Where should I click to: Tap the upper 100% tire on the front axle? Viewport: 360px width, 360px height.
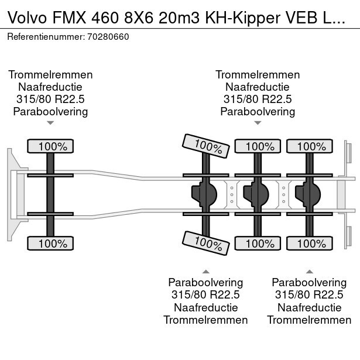click(x=50, y=146)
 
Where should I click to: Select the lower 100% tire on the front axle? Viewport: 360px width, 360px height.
click(x=50, y=243)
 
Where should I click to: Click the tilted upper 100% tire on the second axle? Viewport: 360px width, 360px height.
click(x=205, y=145)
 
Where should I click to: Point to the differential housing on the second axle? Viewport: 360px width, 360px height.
click(x=203, y=194)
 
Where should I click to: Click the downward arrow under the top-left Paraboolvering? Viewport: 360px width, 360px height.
click(x=50, y=123)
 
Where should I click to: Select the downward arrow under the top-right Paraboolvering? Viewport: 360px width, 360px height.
click(x=258, y=123)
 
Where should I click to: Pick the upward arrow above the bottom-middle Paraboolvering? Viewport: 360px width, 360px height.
click(x=205, y=271)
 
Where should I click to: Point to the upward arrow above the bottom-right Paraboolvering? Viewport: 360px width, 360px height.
click(x=309, y=271)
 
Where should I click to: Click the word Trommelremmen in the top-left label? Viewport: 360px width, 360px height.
click(x=50, y=75)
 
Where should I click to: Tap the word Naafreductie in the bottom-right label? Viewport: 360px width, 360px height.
click(x=309, y=307)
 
